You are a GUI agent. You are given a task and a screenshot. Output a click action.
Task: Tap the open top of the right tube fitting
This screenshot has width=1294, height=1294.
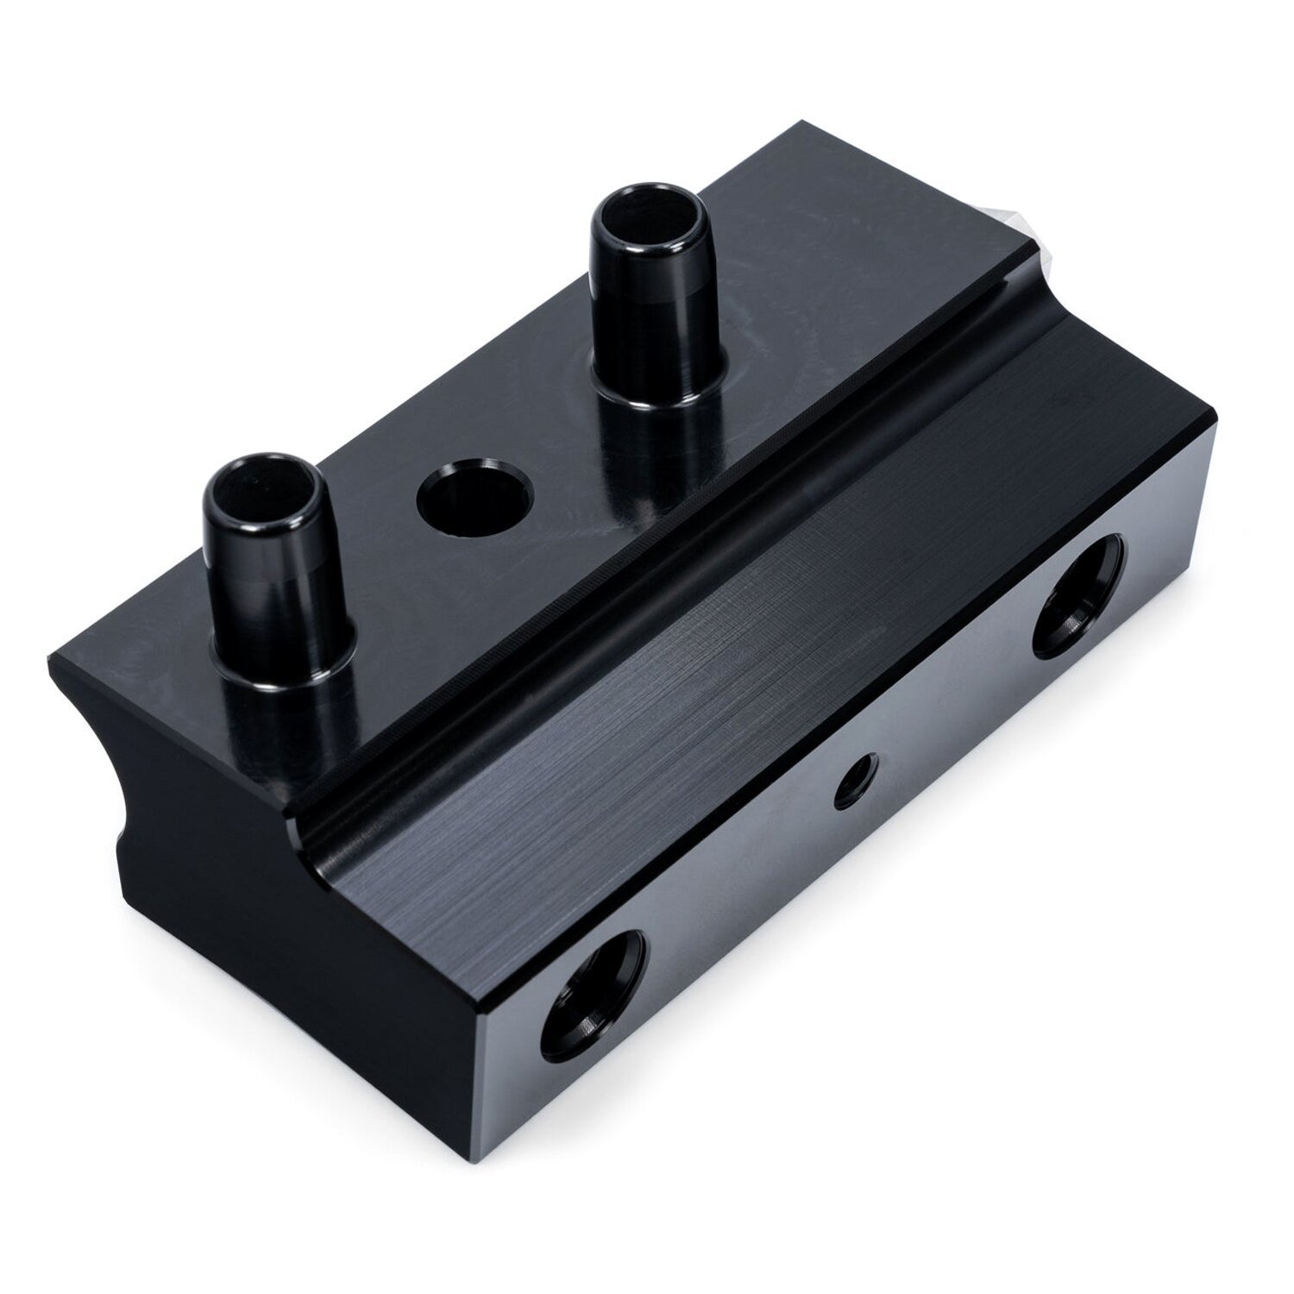pos(644,215)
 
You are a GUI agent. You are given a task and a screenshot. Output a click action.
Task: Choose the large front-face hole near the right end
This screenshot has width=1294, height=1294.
pos(1078,595)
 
